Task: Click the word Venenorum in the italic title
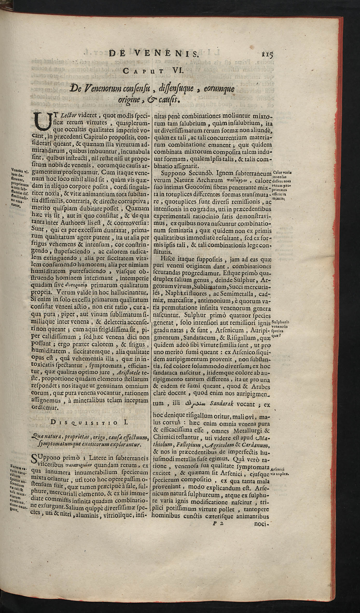pyautogui.click(x=99, y=90)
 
